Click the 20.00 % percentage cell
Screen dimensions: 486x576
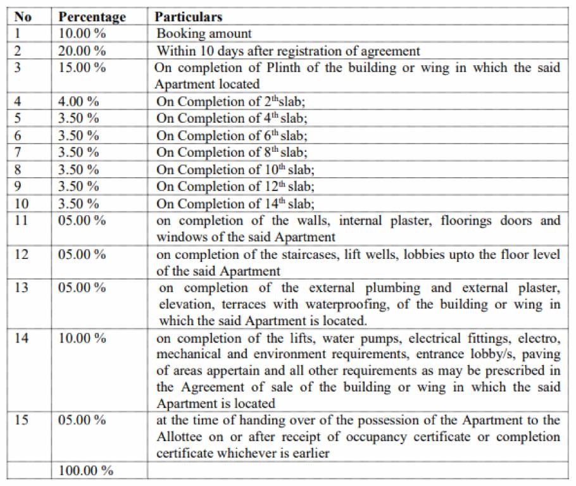[x=82, y=51]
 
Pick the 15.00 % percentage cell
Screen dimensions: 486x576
[x=82, y=68]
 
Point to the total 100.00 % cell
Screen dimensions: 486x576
[x=86, y=471]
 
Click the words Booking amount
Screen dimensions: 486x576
[x=204, y=34]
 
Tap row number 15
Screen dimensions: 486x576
[x=22, y=420]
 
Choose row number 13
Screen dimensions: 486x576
[x=22, y=287]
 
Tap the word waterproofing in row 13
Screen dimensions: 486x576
[x=346, y=304]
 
